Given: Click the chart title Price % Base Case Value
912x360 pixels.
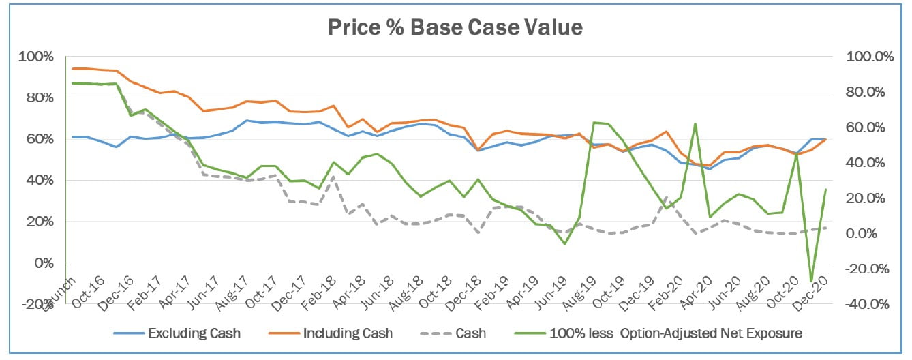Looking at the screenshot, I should pos(455,27).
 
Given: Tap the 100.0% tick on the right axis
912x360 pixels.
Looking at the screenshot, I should pos(869,57).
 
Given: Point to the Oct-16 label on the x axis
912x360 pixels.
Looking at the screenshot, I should pos(88,284).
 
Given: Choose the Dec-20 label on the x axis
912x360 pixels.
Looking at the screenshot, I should pos(815,284).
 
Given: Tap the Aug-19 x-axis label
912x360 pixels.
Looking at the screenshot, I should pos(577,284).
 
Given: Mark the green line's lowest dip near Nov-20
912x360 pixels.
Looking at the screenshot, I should pos(811,281).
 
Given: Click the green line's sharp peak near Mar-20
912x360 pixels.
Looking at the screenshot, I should pos(695,124).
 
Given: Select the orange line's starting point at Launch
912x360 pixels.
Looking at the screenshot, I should pos(73,68).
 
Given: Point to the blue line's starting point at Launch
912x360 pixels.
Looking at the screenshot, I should pos(73,137).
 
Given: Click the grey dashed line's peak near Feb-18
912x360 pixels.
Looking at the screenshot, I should pos(333,176).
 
